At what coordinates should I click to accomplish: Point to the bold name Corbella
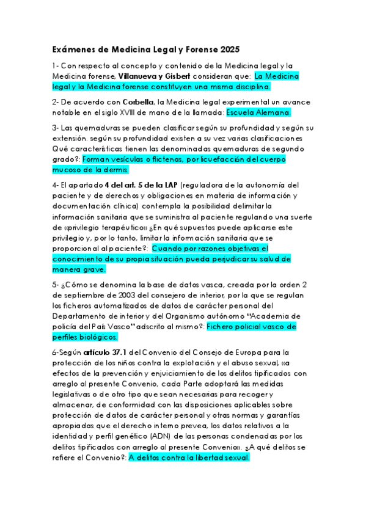[x=138, y=102]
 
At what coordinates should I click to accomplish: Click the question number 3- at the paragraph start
[x=55, y=128]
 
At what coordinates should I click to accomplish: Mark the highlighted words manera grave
[x=79, y=269]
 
